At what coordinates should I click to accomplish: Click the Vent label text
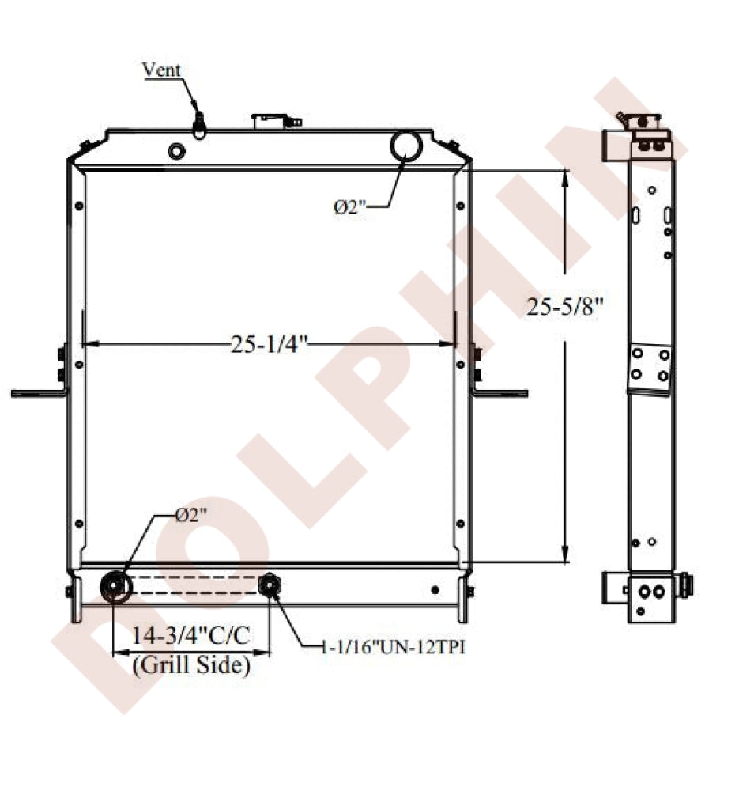[161, 70]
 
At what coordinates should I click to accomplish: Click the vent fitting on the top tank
[199, 125]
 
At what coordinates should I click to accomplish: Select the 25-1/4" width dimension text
[270, 344]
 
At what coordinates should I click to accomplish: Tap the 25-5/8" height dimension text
[564, 306]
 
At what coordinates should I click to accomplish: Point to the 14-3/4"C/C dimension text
[191, 635]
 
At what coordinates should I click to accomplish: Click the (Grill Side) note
[191, 664]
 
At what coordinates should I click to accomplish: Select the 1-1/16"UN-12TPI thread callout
[393, 647]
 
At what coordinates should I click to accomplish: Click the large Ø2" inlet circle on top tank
[406, 146]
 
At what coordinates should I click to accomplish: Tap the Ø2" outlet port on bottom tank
[116, 587]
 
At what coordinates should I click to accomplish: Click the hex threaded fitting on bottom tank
[270, 585]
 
